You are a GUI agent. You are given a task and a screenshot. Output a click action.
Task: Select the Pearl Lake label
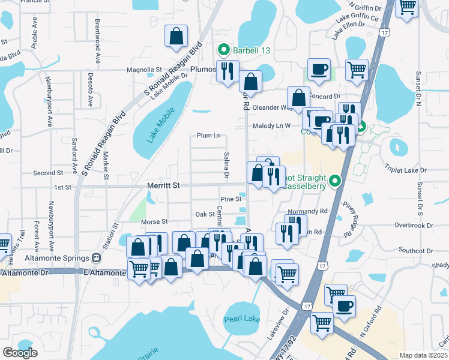pos(242,319)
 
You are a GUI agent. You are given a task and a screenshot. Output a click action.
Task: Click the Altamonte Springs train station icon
pos(96,257)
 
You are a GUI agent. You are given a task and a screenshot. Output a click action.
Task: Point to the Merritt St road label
pos(163,187)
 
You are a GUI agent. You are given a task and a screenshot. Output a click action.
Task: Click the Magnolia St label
pos(144,70)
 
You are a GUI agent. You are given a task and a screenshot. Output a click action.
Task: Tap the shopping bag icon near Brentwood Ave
pos(176,37)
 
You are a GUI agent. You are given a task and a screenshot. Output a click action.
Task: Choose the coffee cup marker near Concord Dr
pos(319,69)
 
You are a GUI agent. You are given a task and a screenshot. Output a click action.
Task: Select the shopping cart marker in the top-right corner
pos(408,7)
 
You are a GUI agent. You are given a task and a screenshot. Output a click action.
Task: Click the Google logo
pos(20,352)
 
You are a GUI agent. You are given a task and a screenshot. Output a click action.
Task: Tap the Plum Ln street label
pos(208,136)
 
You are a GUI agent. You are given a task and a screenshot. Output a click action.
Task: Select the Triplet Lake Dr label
pos(405,170)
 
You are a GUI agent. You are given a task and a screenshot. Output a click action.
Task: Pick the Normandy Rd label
pos(307,212)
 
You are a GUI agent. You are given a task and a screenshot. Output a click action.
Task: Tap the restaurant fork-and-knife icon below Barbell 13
pos(227,71)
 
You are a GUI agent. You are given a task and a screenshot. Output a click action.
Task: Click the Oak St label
pos(205,214)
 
